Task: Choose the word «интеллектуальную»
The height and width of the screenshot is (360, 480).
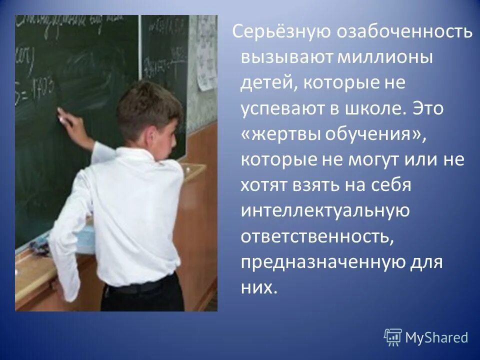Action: (x=325, y=211)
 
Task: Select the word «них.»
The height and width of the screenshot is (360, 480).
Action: (x=258, y=287)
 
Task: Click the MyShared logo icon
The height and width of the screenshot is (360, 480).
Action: (x=392, y=337)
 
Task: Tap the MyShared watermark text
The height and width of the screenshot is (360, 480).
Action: (x=436, y=337)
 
